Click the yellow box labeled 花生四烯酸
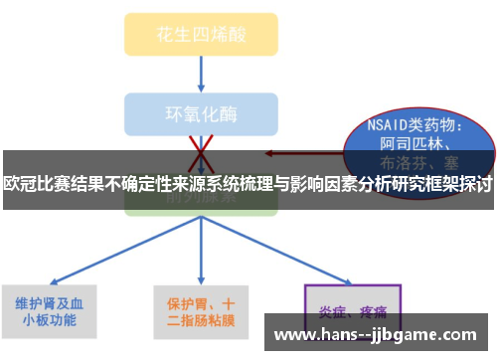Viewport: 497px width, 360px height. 200,34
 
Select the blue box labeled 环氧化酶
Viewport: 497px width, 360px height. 200,111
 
